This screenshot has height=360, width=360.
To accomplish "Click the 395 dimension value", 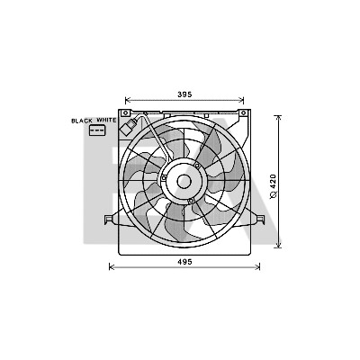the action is (184, 94).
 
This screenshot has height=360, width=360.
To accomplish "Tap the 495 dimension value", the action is (184, 262).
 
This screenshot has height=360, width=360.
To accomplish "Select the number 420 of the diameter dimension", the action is (274, 181).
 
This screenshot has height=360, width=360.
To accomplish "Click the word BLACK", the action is (82, 121).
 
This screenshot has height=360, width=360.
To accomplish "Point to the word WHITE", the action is (106, 120).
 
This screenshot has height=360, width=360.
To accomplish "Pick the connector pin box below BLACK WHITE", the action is (97, 130).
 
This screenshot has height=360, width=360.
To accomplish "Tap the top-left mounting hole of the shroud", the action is (126, 112).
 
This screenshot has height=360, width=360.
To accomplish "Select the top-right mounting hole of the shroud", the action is (243, 112).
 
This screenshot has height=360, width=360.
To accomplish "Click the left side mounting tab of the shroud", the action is (110, 220).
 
